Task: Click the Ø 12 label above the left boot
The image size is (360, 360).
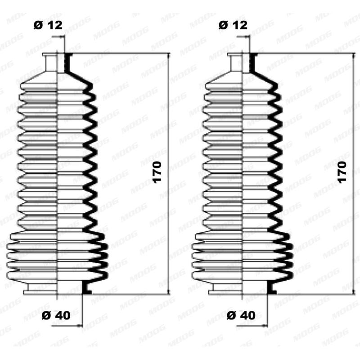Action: [x=47, y=25]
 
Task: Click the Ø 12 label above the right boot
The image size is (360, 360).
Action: [x=233, y=25]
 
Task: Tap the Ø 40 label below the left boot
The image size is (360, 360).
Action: [x=56, y=315]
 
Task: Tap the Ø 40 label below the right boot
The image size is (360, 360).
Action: [x=241, y=315]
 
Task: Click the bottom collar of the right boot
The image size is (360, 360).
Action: [x=242, y=288]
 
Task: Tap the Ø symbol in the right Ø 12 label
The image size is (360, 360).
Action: [x=223, y=25]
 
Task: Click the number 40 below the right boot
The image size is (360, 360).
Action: [x=248, y=315]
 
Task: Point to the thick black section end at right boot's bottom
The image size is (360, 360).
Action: [x=272, y=288]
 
